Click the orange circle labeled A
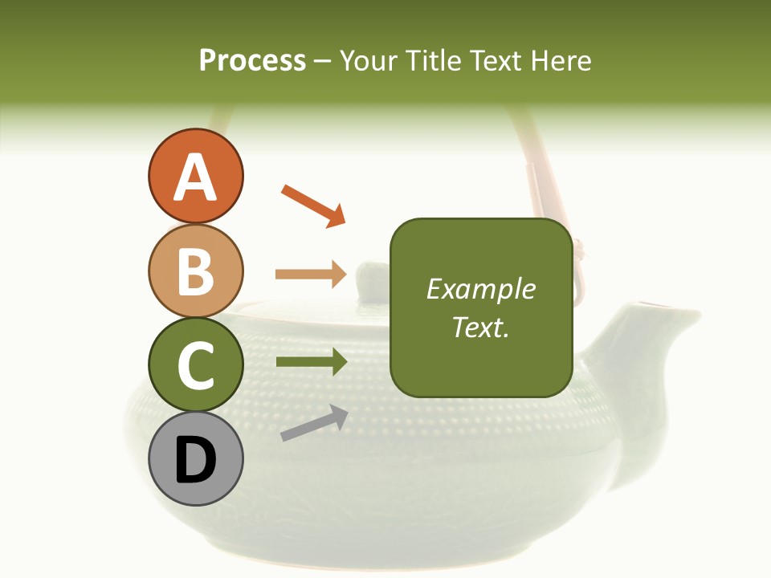(195, 176)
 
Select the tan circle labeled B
(195, 271)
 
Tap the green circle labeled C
(195, 364)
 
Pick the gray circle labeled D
(195, 458)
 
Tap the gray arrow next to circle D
(314, 424)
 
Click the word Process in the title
(252, 60)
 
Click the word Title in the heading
(432, 60)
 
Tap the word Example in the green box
(480, 289)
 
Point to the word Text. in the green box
(480, 327)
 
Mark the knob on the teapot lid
(370, 274)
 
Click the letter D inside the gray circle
(195, 460)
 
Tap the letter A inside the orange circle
(195, 177)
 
